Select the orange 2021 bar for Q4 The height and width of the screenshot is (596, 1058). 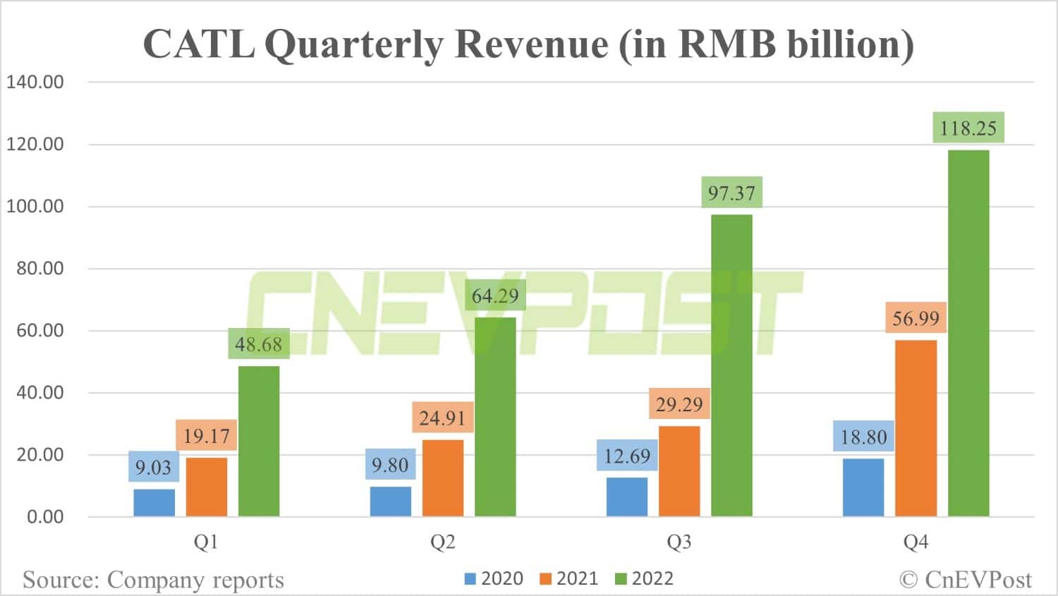916,428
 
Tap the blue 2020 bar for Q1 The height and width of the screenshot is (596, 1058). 154,503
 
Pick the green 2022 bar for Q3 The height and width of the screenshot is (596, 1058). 731,365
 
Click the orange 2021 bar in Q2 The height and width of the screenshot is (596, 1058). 443,478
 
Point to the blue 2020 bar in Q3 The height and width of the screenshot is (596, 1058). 627,497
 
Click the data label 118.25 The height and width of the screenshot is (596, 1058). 968,128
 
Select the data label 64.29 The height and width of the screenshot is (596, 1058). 495,296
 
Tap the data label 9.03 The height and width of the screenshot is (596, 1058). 153,468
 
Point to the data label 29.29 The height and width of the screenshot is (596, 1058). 679,404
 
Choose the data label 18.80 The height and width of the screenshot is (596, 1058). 863,437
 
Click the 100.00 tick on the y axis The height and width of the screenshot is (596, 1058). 35,207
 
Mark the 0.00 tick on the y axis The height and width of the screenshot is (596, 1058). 45,517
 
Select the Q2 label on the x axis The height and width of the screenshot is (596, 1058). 443,542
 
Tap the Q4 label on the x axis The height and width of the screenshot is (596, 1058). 916,542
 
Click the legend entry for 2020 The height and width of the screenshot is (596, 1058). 494,579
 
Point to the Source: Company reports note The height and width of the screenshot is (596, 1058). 153,580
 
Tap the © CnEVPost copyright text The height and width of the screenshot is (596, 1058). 965,580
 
